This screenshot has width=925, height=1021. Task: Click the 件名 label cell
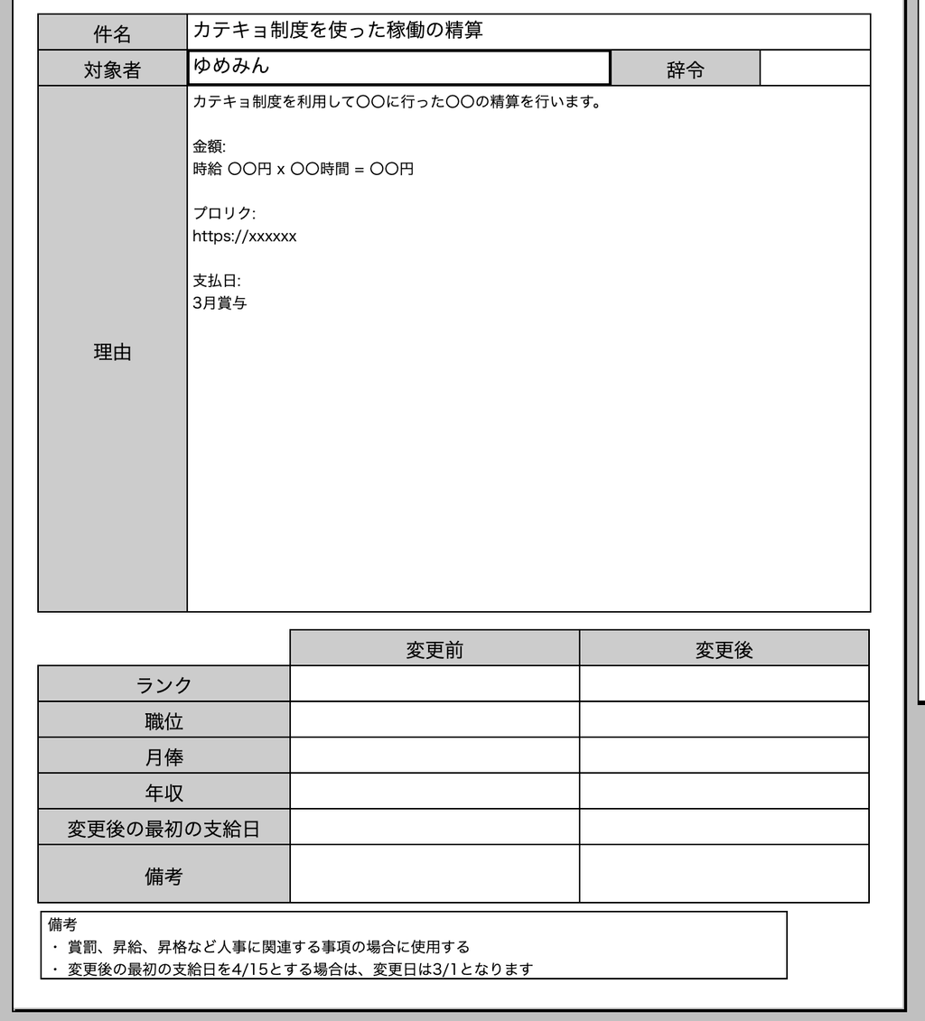coord(112,33)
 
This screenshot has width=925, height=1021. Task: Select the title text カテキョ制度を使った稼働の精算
coord(338,31)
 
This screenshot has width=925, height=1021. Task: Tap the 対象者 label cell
coord(112,70)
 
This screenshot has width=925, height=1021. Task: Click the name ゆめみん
coord(231,66)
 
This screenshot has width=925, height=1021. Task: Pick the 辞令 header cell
coord(685,70)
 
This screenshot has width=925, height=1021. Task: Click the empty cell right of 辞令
coord(815,69)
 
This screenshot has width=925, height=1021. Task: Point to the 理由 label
coord(112,353)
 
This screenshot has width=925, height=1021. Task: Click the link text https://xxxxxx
coord(244,237)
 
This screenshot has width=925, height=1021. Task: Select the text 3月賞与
coord(220,303)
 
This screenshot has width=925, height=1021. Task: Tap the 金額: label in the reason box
coord(209,146)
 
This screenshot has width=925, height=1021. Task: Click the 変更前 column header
coord(434,649)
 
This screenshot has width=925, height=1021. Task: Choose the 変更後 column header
coord(724,649)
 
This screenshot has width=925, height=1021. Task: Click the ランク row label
coord(164,685)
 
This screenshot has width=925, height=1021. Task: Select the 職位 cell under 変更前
coord(434,720)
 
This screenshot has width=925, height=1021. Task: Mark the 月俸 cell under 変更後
coord(724,756)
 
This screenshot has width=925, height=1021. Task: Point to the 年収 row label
coord(164,793)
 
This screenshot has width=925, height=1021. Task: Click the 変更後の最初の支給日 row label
coord(164,829)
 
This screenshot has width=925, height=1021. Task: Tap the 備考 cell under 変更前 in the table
coord(434,875)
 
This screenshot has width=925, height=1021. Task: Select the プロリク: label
coord(224,214)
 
